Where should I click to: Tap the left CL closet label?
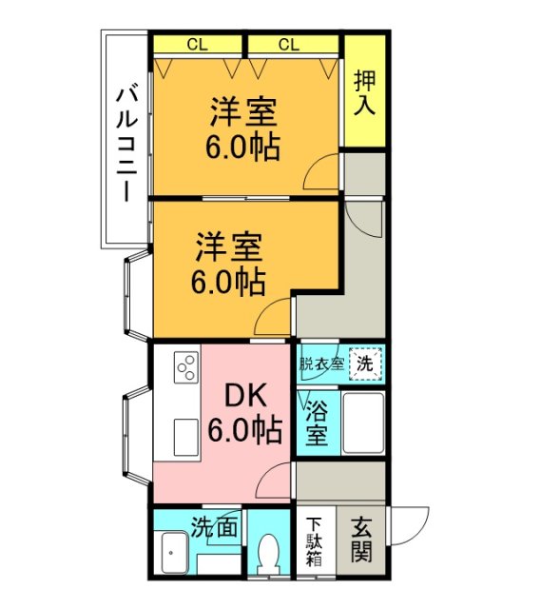(x=198, y=44)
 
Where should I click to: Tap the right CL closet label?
(x=290, y=44)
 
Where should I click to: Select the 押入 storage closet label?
(x=364, y=91)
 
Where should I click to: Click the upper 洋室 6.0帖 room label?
(x=243, y=129)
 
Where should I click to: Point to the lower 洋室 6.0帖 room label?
(x=229, y=264)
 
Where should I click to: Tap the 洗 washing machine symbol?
(x=366, y=363)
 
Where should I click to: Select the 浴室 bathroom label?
(x=317, y=424)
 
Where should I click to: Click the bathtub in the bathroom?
(x=362, y=423)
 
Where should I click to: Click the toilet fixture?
(x=270, y=552)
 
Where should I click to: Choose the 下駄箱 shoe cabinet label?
(x=314, y=542)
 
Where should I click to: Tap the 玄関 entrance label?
(x=361, y=540)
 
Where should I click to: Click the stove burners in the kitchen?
(x=185, y=365)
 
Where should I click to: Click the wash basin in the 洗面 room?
(x=174, y=553)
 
